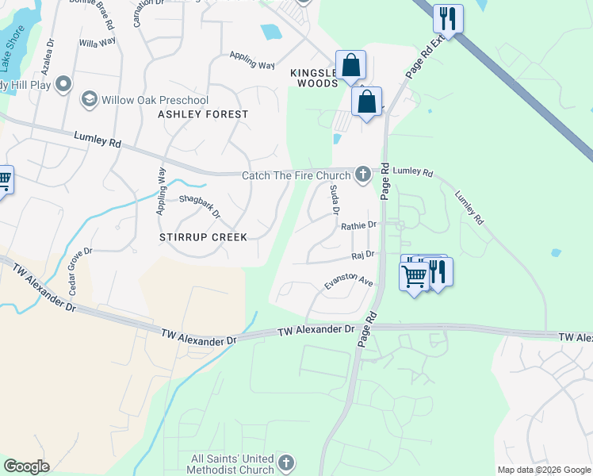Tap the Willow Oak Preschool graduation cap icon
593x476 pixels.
pos(89,100)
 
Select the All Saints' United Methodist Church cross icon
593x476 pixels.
pos(286,463)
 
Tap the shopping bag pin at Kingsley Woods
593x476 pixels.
pos(350,65)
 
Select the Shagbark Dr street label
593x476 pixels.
pos(199,207)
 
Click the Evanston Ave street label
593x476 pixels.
pos(348,282)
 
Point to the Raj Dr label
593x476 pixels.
pos(362,255)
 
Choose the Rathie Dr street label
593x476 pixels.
pos(358,226)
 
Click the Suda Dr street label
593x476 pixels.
pos(334,200)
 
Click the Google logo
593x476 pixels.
pos(26,466)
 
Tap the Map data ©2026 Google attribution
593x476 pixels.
pos(544,470)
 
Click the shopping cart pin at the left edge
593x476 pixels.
pos(4,181)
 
